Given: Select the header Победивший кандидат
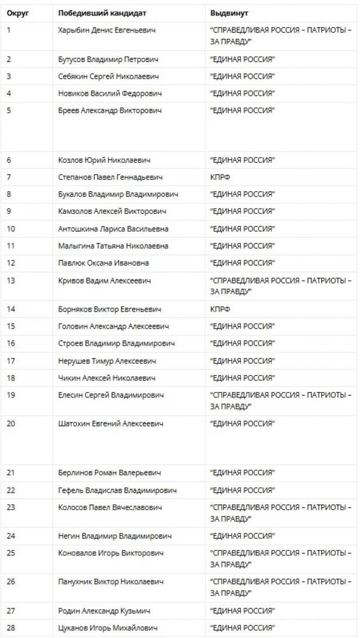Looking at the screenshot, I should point(102,13).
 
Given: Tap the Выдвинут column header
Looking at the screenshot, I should point(229,13).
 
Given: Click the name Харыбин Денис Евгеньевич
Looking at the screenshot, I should point(107,30).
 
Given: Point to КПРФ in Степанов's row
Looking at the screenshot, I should point(220,177).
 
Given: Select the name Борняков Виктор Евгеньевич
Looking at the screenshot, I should point(110,310).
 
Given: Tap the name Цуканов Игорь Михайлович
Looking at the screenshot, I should point(107,628).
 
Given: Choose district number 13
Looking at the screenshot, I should point(12,281).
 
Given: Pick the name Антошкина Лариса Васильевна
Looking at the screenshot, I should point(113,228).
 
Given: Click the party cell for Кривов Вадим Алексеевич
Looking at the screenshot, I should point(280,286).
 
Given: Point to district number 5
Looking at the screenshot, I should point(9,110).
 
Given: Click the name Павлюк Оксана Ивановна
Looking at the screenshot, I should point(103,263).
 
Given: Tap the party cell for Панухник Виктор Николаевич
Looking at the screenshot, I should point(280,587).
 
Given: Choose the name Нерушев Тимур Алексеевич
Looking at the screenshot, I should point(107,361).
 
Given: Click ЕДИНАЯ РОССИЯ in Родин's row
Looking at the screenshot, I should point(242,610).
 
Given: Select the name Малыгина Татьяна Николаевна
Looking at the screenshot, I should point(113,246).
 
